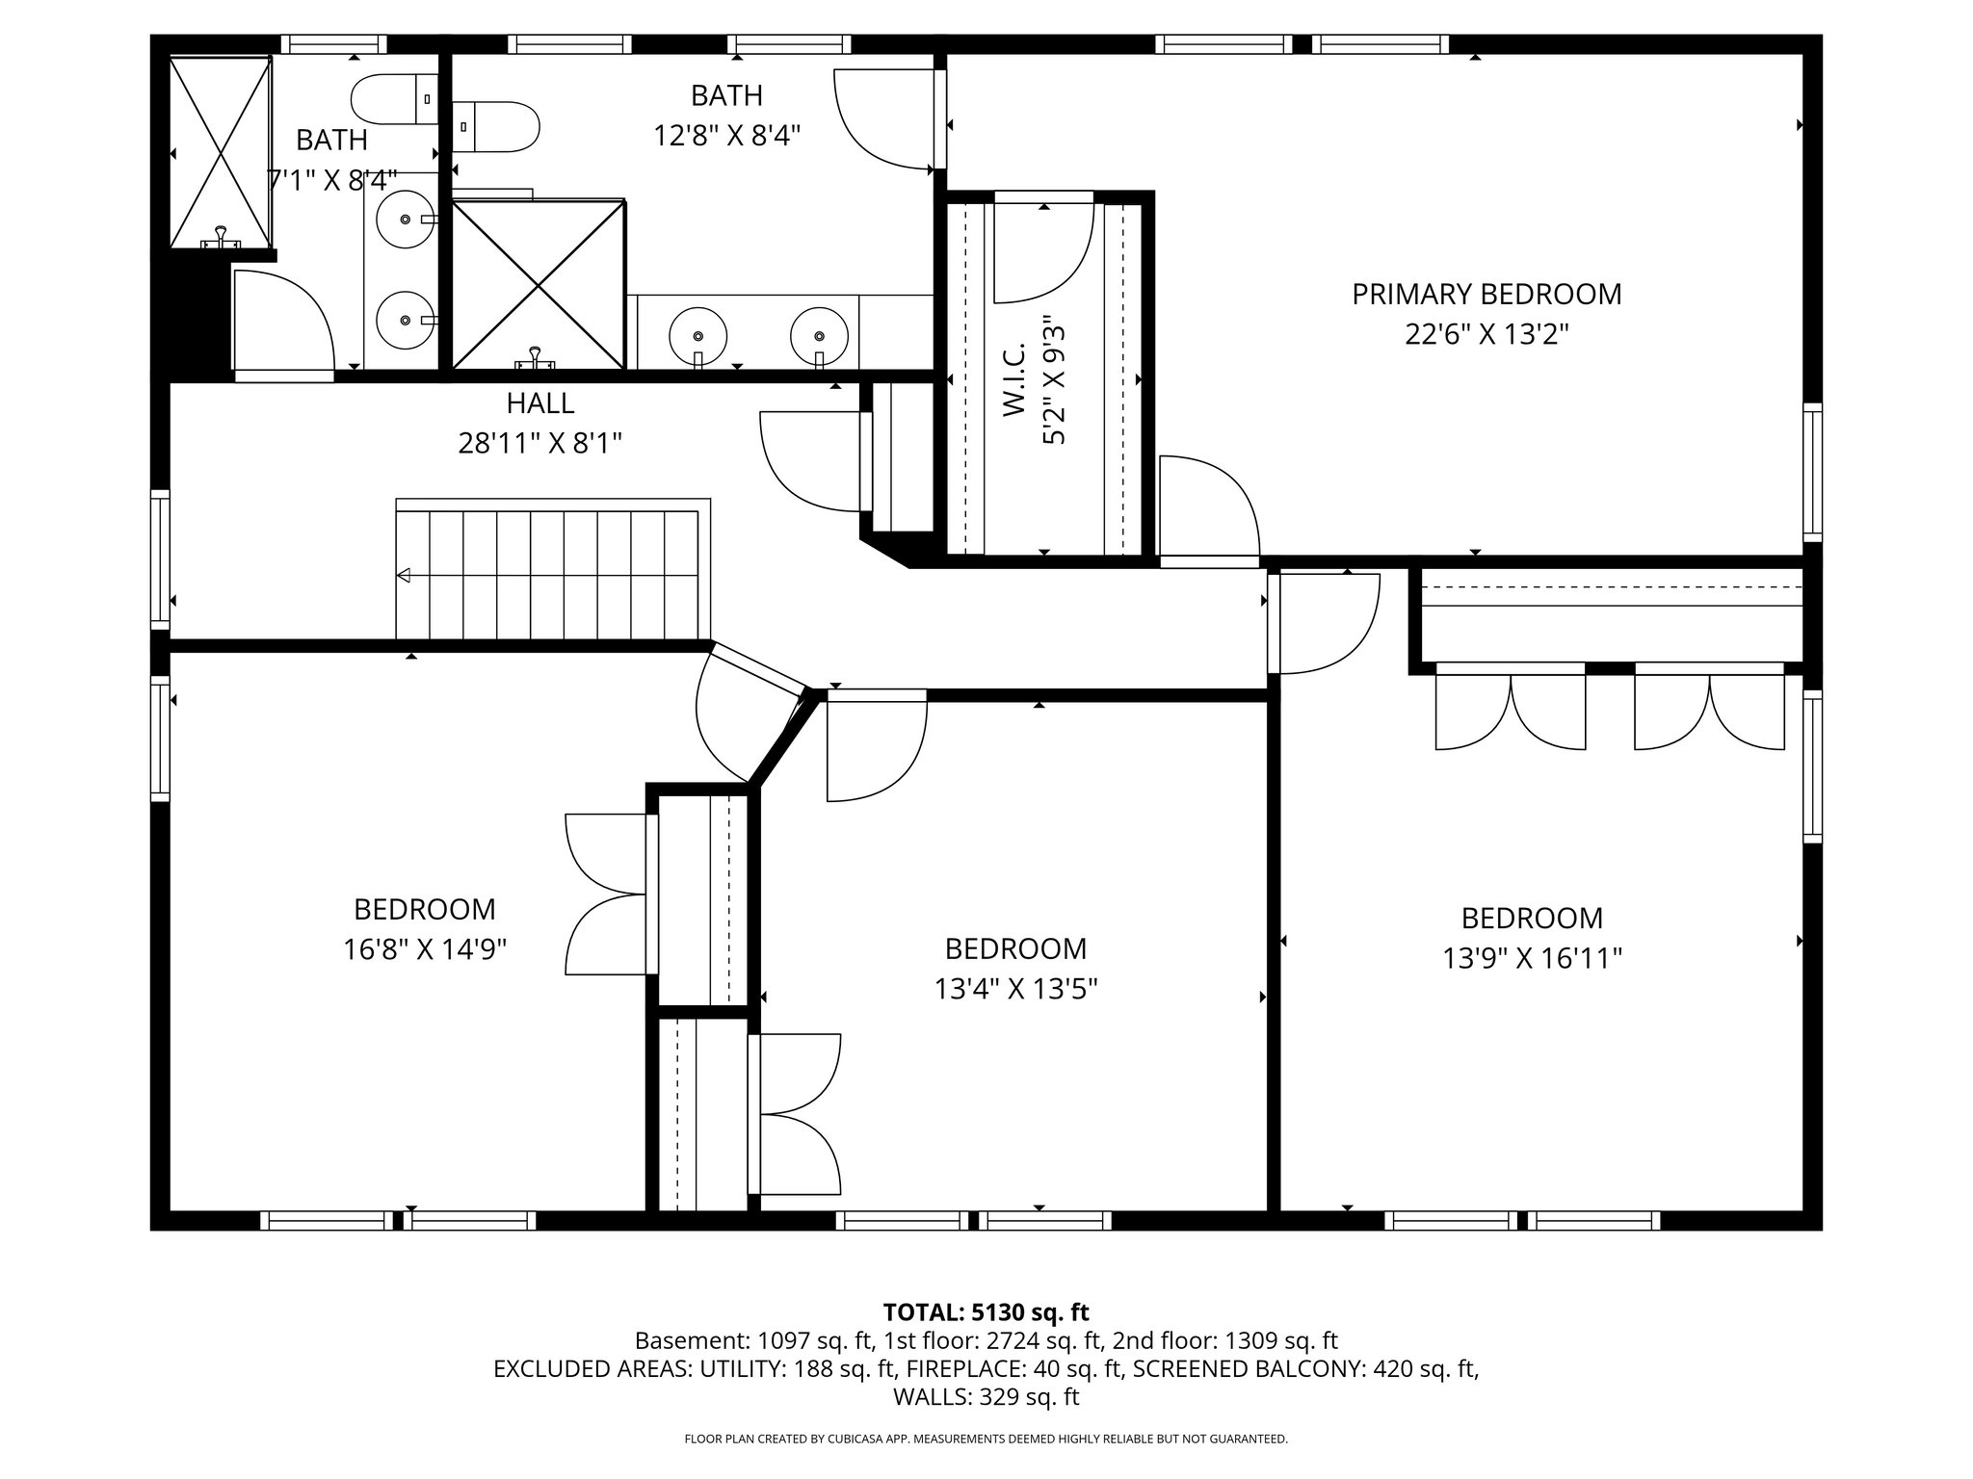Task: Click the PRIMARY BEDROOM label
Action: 1486,295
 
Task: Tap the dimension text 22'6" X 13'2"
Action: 1486,335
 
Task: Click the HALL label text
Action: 539,402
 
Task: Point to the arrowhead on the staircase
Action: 405,576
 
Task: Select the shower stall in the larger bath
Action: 538,285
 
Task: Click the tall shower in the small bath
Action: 221,151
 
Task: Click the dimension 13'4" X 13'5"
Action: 1015,990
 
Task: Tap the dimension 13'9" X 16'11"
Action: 1532,959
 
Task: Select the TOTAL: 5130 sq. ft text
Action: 986,1312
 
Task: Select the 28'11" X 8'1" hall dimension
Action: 539,444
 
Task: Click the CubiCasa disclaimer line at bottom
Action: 986,1440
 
